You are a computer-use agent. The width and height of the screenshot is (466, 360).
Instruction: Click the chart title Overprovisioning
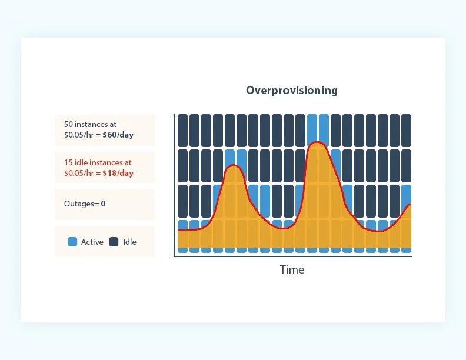click(292, 90)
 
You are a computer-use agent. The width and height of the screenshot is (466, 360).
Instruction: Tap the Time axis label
click(292, 270)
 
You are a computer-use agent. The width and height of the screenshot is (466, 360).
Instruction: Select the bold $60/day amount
click(118, 135)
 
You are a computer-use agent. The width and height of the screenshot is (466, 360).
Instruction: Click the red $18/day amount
click(118, 173)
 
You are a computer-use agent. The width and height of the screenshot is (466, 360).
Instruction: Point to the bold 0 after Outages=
click(103, 204)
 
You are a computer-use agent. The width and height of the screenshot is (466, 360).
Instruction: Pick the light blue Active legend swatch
click(73, 242)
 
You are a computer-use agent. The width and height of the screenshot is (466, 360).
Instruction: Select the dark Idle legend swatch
click(114, 242)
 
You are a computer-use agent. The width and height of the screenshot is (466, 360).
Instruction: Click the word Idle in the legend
click(129, 242)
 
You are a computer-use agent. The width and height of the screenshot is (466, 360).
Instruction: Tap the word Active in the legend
click(92, 242)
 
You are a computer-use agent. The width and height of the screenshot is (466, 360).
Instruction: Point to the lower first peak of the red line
click(234, 166)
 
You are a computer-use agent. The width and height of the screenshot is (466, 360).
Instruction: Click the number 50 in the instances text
click(69, 125)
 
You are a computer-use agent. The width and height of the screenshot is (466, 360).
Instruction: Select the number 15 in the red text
click(69, 162)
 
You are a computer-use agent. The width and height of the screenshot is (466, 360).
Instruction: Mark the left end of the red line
click(178, 231)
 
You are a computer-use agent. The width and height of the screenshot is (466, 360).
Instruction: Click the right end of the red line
click(410, 205)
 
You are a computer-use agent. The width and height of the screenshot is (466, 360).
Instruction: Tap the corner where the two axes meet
click(175, 256)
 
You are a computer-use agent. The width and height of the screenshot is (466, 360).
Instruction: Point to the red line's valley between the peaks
click(282, 228)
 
